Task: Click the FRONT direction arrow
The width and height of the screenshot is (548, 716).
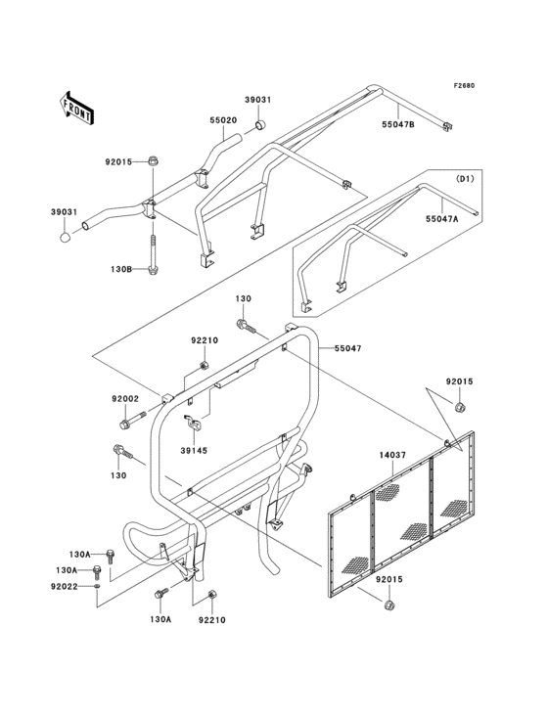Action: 76,108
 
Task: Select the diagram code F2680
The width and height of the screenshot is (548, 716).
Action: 464,85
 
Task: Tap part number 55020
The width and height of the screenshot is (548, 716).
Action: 223,120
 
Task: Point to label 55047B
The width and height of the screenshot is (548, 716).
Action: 398,123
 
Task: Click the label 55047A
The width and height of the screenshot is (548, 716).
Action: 441,219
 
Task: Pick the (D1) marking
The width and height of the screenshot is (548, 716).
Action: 465,179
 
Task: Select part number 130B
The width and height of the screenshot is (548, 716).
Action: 121,269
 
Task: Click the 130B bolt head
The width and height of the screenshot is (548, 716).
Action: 153,270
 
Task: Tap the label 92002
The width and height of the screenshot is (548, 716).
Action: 125,399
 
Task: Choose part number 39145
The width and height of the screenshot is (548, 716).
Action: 194,451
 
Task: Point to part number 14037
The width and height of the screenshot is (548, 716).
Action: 392,455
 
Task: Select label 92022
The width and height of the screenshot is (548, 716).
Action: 65,586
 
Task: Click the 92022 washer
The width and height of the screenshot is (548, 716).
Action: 97,586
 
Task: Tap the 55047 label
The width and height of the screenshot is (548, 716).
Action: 348,348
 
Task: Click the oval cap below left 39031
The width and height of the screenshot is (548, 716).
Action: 66,237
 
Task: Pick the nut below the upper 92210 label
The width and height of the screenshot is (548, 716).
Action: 205,365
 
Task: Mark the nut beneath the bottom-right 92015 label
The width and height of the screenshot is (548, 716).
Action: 389,605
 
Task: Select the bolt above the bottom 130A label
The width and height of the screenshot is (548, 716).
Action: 161,594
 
